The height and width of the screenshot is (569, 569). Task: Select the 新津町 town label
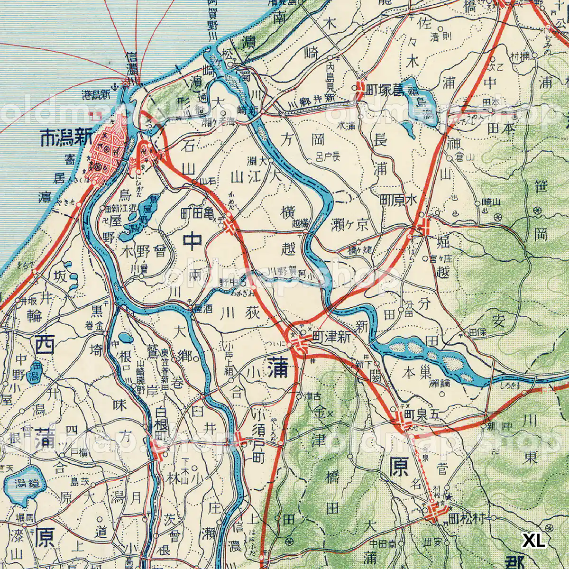332,337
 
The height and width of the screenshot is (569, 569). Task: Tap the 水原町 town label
398,200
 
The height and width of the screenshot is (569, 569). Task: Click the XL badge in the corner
534,541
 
